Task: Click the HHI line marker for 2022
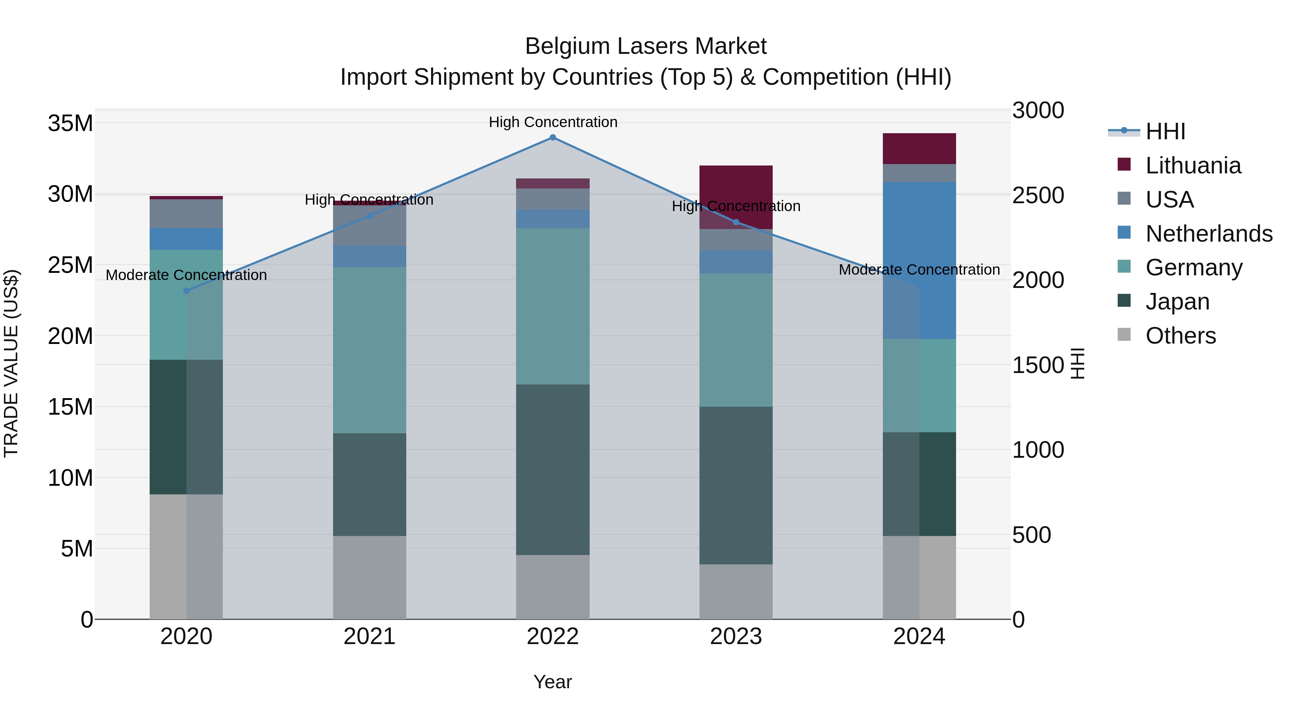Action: [x=553, y=138]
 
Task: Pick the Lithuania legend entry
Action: [x=1193, y=166]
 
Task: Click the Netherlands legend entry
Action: [x=1209, y=234]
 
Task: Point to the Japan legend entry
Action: [x=1177, y=302]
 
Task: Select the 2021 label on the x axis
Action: [x=370, y=637]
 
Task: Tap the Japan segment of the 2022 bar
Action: [x=553, y=469]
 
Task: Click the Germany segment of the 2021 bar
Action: [x=370, y=350]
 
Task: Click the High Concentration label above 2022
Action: [x=553, y=122]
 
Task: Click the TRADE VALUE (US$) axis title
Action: [x=11, y=363]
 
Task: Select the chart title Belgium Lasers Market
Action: [x=646, y=46]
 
